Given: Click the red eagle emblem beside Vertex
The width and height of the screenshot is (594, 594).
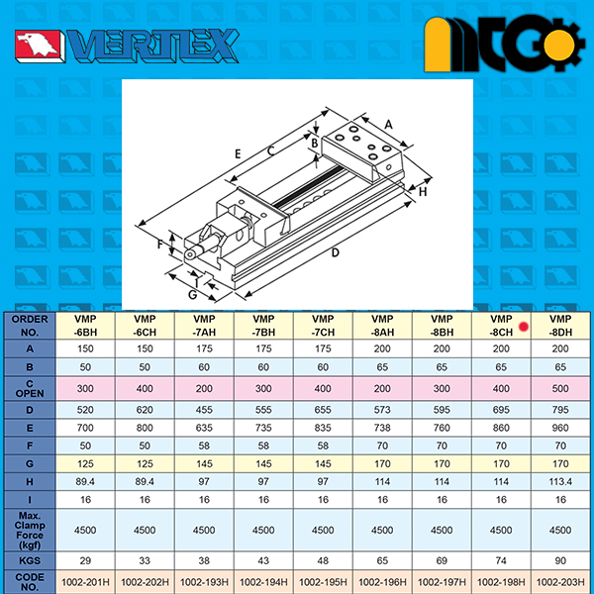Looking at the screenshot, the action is [38, 46].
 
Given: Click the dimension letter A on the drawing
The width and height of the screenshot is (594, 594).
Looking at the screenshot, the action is [388, 125].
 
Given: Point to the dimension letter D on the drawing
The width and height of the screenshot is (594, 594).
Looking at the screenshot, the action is [335, 252].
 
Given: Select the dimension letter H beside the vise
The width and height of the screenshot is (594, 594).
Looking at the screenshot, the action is [423, 192].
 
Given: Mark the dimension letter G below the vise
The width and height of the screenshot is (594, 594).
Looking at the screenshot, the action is [193, 294].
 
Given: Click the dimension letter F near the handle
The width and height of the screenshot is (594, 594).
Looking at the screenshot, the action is [160, 245].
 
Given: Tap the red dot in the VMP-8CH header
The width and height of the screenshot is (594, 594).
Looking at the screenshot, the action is [524, 326].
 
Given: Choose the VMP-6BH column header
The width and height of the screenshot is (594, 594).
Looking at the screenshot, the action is [85, 326].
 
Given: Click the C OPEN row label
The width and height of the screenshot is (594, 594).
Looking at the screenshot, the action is [30, 389].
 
